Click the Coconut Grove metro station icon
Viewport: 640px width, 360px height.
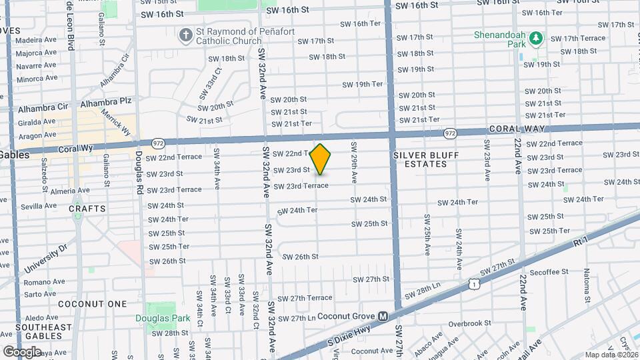[x=383, y=316]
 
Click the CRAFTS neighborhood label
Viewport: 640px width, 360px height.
[x=87, y=209]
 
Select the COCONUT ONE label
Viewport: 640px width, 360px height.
[x=92, y=304]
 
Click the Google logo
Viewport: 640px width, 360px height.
[x=23, y=351]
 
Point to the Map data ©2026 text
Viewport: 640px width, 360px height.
[x=611, y=355]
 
